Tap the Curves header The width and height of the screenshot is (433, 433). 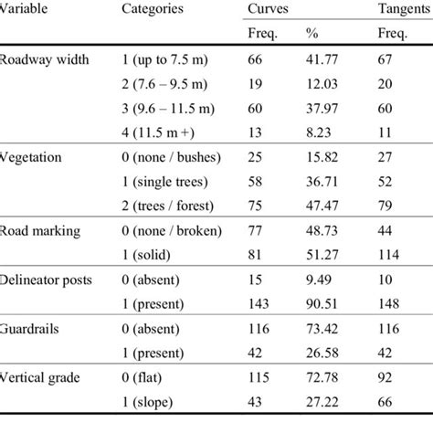[x=267, y=8]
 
